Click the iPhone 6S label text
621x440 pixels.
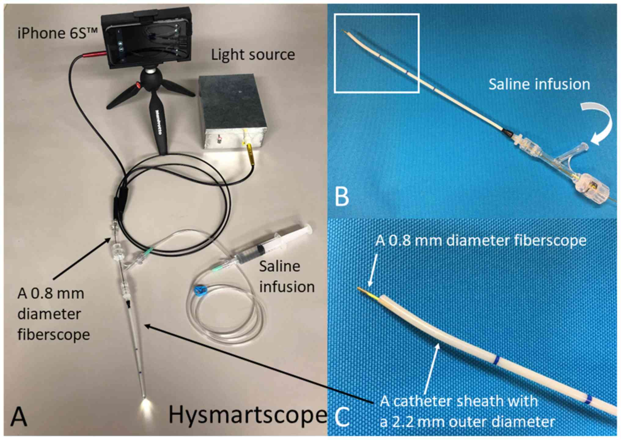coord(57,33)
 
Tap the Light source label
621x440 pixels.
coord(253,55)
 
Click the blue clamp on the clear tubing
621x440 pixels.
coord(200,289)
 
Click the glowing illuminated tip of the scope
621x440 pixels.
coord(145,405)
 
